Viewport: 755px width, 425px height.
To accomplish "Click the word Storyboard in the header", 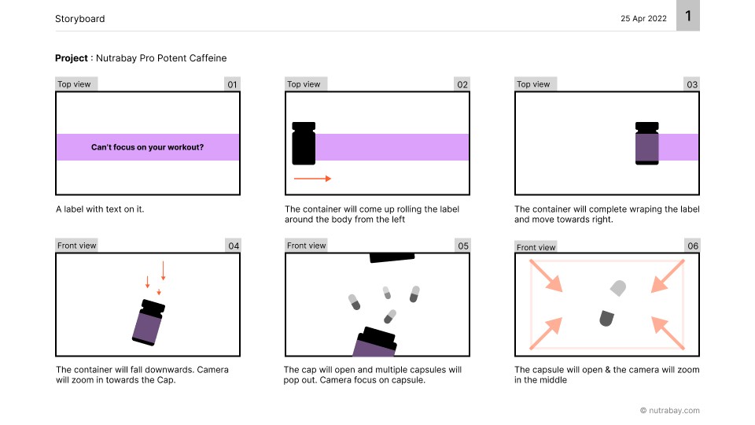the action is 80,19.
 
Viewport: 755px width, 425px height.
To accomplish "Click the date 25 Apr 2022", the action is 643,19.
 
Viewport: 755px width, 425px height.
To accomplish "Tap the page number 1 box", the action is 688,16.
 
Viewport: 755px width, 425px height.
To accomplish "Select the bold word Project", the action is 72,58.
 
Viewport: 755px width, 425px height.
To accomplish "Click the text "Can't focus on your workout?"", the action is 147,147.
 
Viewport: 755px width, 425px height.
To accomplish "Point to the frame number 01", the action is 232,84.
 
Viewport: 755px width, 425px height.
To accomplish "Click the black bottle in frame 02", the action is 304,143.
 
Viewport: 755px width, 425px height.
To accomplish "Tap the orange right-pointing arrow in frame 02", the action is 312,179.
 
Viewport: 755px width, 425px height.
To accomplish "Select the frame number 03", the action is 692,84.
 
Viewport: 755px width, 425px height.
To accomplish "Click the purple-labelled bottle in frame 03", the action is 647,143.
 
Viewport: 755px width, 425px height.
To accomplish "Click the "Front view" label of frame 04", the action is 76,246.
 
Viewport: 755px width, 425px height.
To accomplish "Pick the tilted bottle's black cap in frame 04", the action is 152,308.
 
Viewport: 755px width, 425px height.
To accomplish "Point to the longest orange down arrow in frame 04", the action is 164,271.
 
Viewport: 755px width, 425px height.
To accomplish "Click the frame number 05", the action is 463,246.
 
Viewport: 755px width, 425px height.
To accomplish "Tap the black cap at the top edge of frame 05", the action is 392,258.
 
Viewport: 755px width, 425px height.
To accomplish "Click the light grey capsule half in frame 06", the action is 618,288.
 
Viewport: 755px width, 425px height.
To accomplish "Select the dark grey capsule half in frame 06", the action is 606,318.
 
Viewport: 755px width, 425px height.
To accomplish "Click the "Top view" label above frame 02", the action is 304,84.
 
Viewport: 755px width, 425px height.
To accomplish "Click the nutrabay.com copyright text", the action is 670,411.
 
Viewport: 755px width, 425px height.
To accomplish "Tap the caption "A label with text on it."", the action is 100,209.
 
